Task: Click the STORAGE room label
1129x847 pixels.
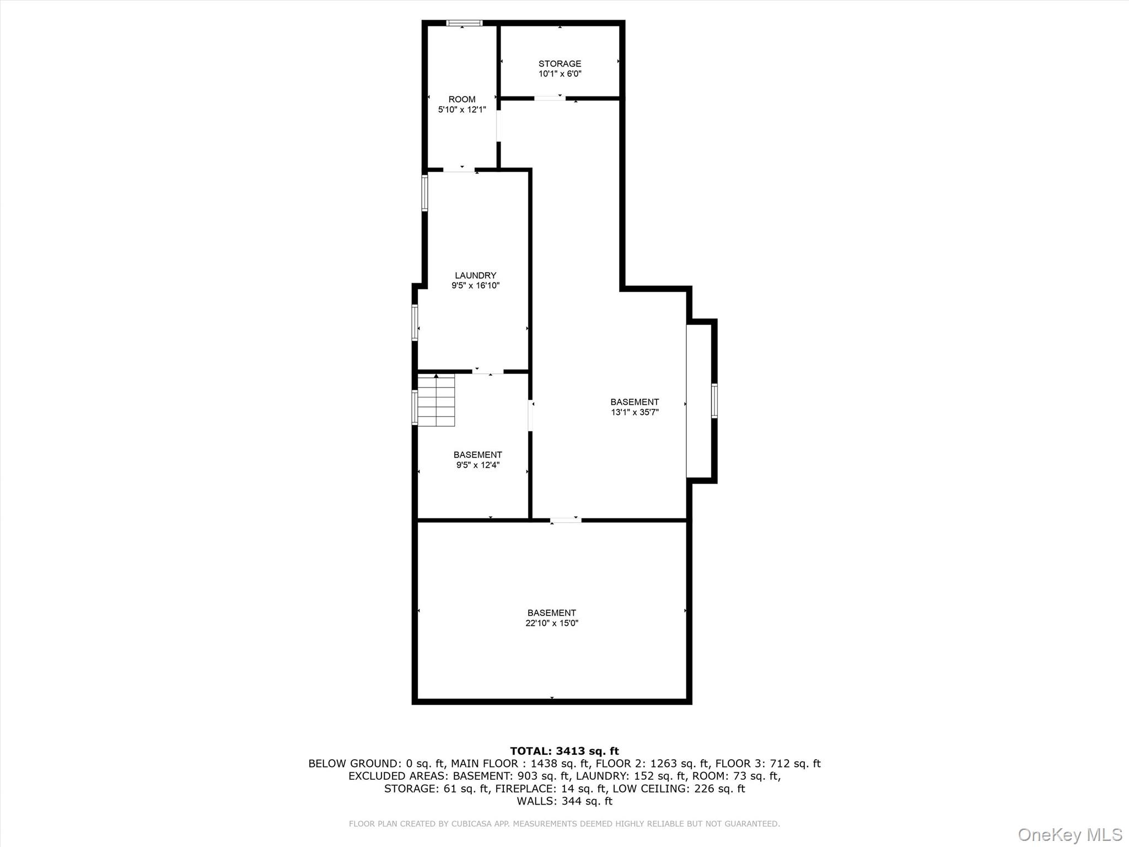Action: [x=560, y=63]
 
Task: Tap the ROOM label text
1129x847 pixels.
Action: [x=462, y=99]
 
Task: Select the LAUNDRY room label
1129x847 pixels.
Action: [x=475, y=275]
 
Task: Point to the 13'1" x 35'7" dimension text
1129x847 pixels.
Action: [x=635, y=412]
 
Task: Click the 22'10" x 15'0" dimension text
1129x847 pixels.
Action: [x=551, y=623]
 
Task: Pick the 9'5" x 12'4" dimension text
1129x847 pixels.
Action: [x=477, y=465]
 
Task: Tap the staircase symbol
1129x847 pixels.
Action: [x=436, y=400]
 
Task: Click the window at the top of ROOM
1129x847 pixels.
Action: [x=464, y=23]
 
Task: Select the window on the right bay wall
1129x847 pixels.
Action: [x=714, y=401]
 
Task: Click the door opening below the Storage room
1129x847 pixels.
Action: [x=550, y=98]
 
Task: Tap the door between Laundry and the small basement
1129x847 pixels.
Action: [x=488, y=372]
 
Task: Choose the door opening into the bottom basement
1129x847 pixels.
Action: [x=566, y=519]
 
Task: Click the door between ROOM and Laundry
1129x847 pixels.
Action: [x=459, y=169]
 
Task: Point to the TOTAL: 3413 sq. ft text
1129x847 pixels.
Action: [x=564, y=751]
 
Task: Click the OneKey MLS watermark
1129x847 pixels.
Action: [x=1069, y=834]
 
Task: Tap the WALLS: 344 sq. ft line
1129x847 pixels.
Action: [x=564, y=801]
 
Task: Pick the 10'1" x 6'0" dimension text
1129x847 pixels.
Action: [x=560, y=74]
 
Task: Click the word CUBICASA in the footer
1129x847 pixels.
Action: [x=473, y=824]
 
